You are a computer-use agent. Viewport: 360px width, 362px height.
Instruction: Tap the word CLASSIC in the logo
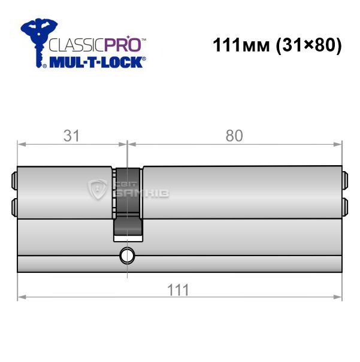77,45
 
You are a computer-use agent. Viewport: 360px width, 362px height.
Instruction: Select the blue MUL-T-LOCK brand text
96,62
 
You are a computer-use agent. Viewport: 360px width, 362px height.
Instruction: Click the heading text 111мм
241,45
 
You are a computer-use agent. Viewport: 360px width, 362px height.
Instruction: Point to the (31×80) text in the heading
308,45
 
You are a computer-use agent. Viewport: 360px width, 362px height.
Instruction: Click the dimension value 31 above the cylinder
71,136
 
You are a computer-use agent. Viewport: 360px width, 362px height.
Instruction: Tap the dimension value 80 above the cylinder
234,136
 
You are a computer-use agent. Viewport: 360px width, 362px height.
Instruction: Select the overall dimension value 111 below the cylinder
178,290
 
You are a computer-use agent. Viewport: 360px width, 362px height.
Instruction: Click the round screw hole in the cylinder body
127,255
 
